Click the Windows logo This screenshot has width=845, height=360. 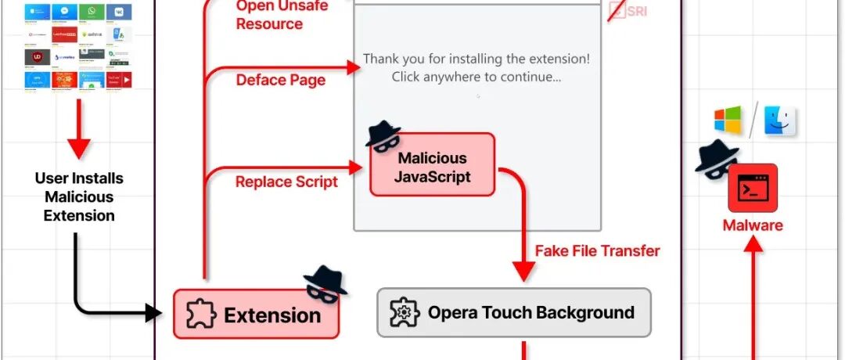tap(727, 121)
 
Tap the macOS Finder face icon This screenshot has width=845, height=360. tap(780, 121)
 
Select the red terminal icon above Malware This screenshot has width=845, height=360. tap(752, 188)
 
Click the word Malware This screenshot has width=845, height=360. tap(752, 225)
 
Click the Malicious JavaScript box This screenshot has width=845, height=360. tap(432, 166)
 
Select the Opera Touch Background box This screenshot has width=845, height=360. tap(513, 313)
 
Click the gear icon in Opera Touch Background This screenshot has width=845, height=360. tap(404, 313)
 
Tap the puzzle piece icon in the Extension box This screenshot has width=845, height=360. tap(200, 315)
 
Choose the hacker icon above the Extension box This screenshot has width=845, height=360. tap(324, 283)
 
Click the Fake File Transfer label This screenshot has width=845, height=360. tap(597, 251)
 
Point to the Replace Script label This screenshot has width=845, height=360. tap(286, 182)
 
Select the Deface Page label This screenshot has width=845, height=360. tap(280, 80)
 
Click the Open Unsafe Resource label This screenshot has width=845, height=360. tap(269, 15)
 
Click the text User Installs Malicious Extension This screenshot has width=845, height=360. tap(79, 196)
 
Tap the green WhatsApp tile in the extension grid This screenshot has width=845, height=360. tap(92, 13)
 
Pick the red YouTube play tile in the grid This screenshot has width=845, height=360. tap(120, 79)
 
